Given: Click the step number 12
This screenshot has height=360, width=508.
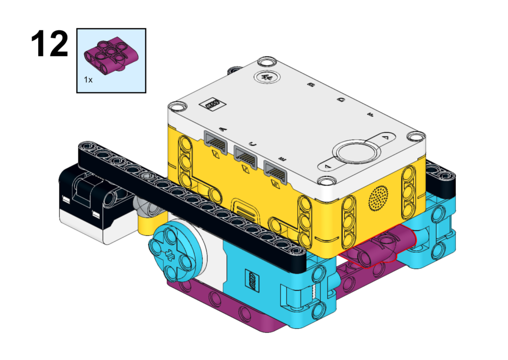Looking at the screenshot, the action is pos(50,44).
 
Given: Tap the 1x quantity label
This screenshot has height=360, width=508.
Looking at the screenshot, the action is pos(88,79).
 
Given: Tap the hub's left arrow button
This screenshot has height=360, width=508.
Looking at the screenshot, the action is pos(327,166).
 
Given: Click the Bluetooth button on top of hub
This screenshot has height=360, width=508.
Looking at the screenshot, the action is pos(267,77).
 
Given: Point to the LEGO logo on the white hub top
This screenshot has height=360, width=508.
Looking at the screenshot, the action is pos(212,104).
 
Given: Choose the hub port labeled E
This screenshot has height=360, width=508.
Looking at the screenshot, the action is pos(275,172).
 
